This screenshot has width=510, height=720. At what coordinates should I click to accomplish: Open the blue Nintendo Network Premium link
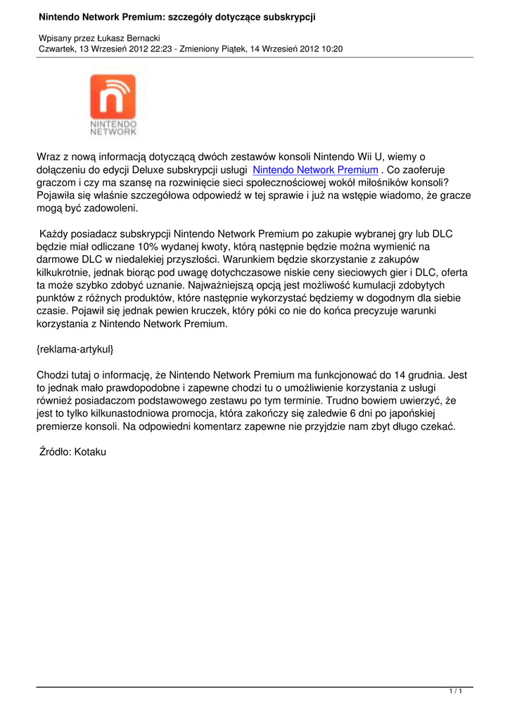click(315, 170)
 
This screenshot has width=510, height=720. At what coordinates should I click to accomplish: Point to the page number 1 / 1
click(455, 693)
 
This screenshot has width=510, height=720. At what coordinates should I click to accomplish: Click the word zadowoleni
click(107, 209)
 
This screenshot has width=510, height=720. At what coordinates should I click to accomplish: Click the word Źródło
click(57, 452)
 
